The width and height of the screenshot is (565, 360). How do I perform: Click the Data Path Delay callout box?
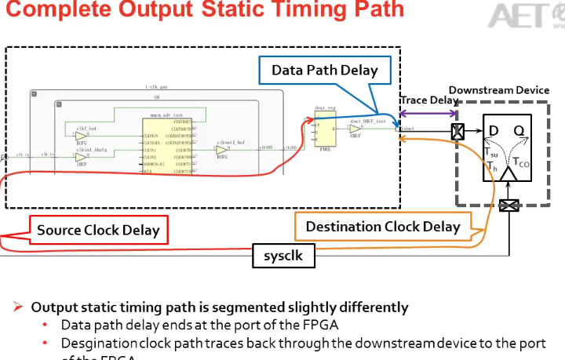(x=325, y=71)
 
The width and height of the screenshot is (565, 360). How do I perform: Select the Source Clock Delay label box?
(x=97, y=230)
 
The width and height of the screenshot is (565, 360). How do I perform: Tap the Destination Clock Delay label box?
(x=382, y=227)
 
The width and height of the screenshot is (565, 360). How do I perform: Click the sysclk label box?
(x=282, y=256)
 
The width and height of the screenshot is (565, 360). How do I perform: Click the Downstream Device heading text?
(x=499, y=90)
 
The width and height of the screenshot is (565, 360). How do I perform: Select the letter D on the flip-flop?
(x=494, y=130)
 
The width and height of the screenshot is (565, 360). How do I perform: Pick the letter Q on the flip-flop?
(x=519, y=130)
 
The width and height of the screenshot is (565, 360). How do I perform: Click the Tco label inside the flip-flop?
(x=520, y=162)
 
